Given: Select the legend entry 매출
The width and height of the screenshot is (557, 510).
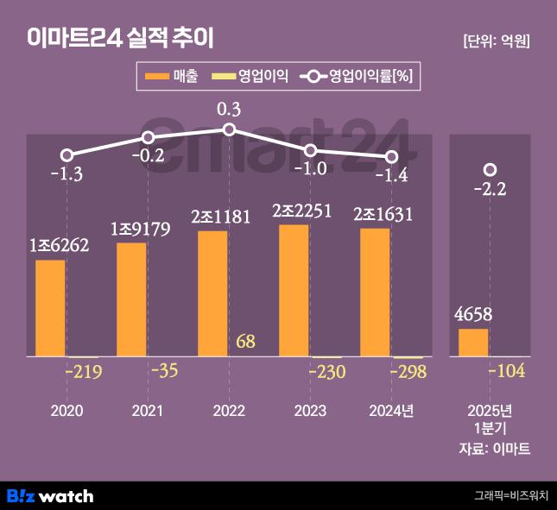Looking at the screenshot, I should pos(173,77).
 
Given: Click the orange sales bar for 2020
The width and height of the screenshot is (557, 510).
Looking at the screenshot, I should pos(50,307).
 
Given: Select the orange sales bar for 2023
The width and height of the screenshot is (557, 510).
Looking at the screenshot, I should pos(294,290).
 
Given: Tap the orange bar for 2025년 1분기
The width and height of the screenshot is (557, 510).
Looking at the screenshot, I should pos(473,342).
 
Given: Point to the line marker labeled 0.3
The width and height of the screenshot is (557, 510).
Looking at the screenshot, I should pos(229,129).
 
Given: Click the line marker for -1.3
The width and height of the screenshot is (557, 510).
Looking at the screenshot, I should pos(66,155).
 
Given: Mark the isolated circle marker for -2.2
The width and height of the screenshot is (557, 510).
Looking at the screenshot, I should pos(490,169).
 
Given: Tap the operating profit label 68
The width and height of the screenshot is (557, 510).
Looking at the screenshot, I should pos(245,341).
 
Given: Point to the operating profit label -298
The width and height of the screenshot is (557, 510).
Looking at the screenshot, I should pos(407,372).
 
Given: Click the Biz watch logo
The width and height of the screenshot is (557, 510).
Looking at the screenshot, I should pos(50,495).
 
